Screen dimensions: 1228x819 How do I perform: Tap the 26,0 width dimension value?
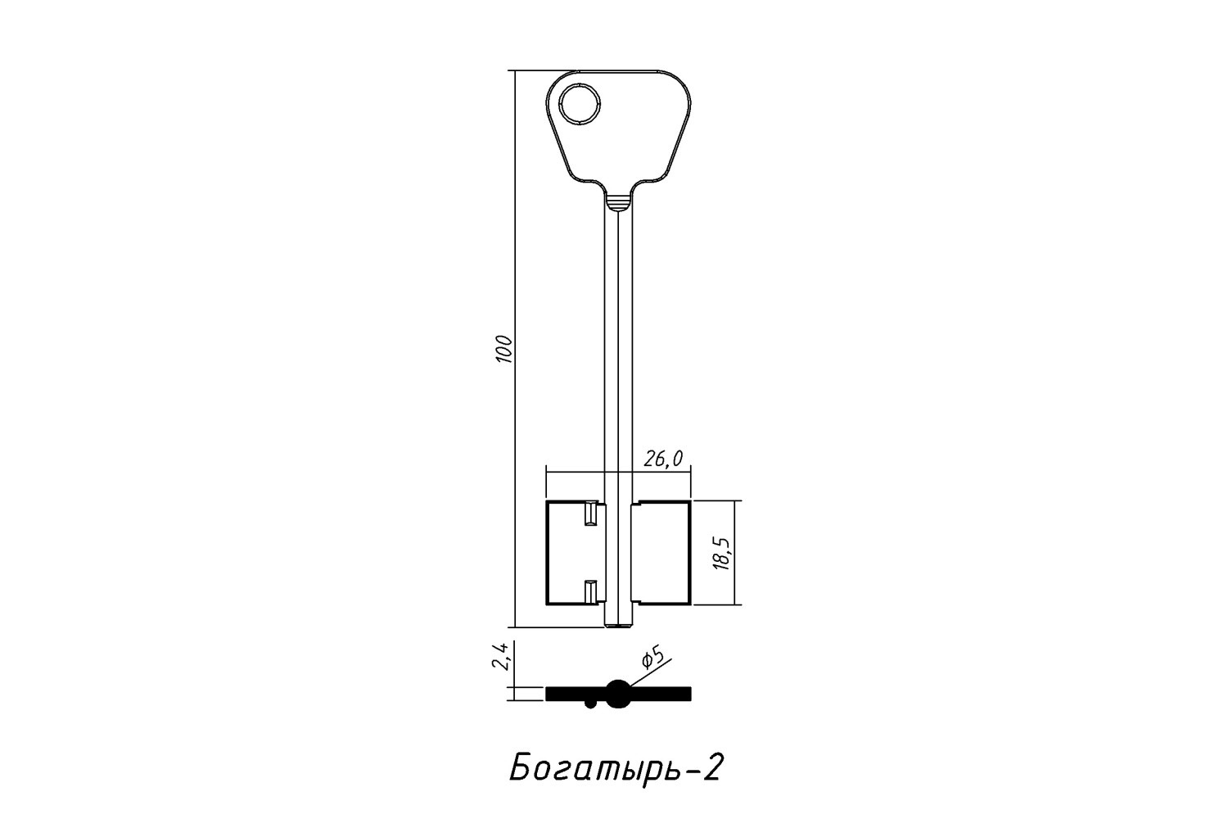663,459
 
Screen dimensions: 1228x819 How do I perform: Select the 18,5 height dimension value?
723,554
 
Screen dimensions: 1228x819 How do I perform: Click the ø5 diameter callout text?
653,658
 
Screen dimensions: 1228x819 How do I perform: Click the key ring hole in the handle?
580,104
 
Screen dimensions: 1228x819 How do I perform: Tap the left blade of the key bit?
575,553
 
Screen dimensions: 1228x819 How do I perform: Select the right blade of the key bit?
661,553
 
